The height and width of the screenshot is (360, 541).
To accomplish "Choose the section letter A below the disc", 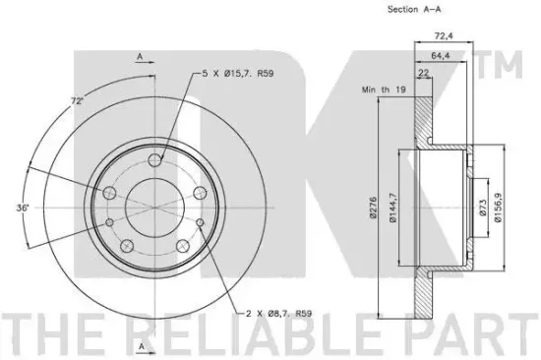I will (x=141, y=346).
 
